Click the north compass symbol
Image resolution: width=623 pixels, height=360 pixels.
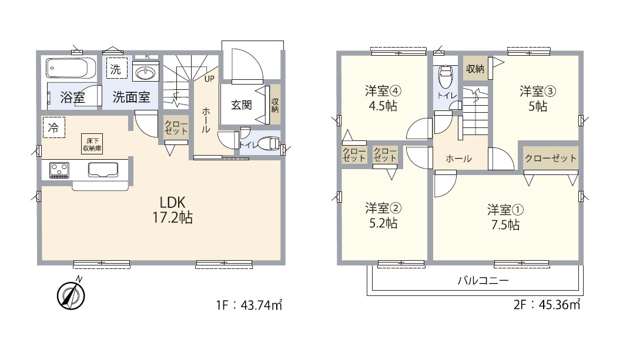click(x=71, y=295)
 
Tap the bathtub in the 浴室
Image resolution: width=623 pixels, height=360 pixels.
click(x=71, y=68)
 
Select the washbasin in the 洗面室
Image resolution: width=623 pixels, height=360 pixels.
click(x=146, y=73)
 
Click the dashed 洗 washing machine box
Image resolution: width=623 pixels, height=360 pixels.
click(x=116, y=68)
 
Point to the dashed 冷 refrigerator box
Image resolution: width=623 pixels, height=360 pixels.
click(x=54, y=127)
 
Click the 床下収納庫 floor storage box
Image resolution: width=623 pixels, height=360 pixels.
click(x=92, y=144)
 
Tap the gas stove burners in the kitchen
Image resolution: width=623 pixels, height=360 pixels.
click(x=59, y=170)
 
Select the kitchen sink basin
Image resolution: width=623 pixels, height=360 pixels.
click(x=103, y=170)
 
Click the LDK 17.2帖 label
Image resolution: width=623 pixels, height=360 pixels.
click(x=173, y=210)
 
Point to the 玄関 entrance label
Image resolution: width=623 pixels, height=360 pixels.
click(x=242, y=105)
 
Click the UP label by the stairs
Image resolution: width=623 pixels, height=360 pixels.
click(x=209, y=79)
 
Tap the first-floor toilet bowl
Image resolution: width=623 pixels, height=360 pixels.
click(x=269, y=143)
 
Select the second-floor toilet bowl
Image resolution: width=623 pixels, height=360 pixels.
click(x=445, y=77)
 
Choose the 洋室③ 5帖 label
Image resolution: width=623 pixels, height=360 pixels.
click(x=538, y=99)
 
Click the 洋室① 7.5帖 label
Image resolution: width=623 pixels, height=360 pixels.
click(x=505, y=217)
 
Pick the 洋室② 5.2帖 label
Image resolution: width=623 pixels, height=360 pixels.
click(x=383, y=216)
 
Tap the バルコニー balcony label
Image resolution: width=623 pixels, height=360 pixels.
click(x=483, y=281)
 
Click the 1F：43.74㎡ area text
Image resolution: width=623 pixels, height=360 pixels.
click(x=249, y=305)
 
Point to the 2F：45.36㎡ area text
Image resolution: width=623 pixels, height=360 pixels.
click(x=547, y=304)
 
